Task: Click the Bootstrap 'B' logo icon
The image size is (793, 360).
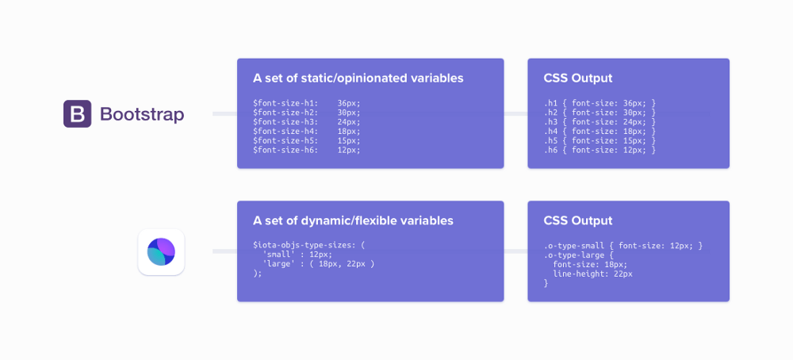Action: coord(77,114)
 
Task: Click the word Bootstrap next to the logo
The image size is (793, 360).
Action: coord(142,114)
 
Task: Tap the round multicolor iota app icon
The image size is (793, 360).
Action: coord(161,252)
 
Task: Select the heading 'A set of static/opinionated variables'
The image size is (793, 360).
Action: coord(358,79)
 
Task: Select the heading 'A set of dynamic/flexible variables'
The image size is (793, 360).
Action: coord(353,221)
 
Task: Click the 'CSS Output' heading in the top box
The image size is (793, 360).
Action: coord(577,79)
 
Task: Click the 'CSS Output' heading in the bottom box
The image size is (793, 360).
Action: coord(577,221)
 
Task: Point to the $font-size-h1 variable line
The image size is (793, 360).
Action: coord(306,103)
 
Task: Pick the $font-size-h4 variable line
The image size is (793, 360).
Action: coord(306,132)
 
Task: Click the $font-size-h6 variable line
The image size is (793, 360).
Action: coord(306,150)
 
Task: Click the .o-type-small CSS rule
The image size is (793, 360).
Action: coord(623,245)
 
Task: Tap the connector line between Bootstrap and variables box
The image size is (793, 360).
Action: coord(224,114)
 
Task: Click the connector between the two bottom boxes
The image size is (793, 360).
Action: coord(515,251)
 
